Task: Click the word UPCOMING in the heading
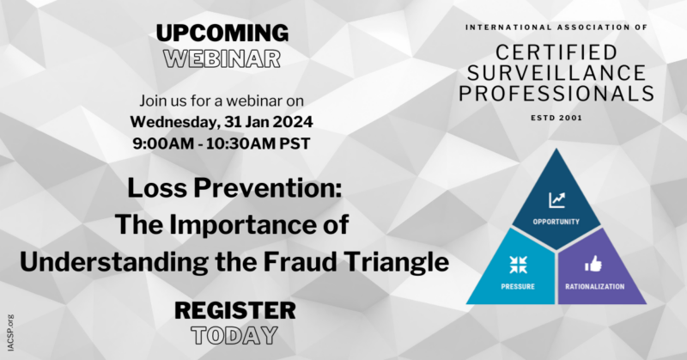[x=222, y=34]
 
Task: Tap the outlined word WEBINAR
[x=222, y=59]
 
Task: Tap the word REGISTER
[x=234, y=309]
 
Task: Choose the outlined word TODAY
[x=234, y=334]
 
